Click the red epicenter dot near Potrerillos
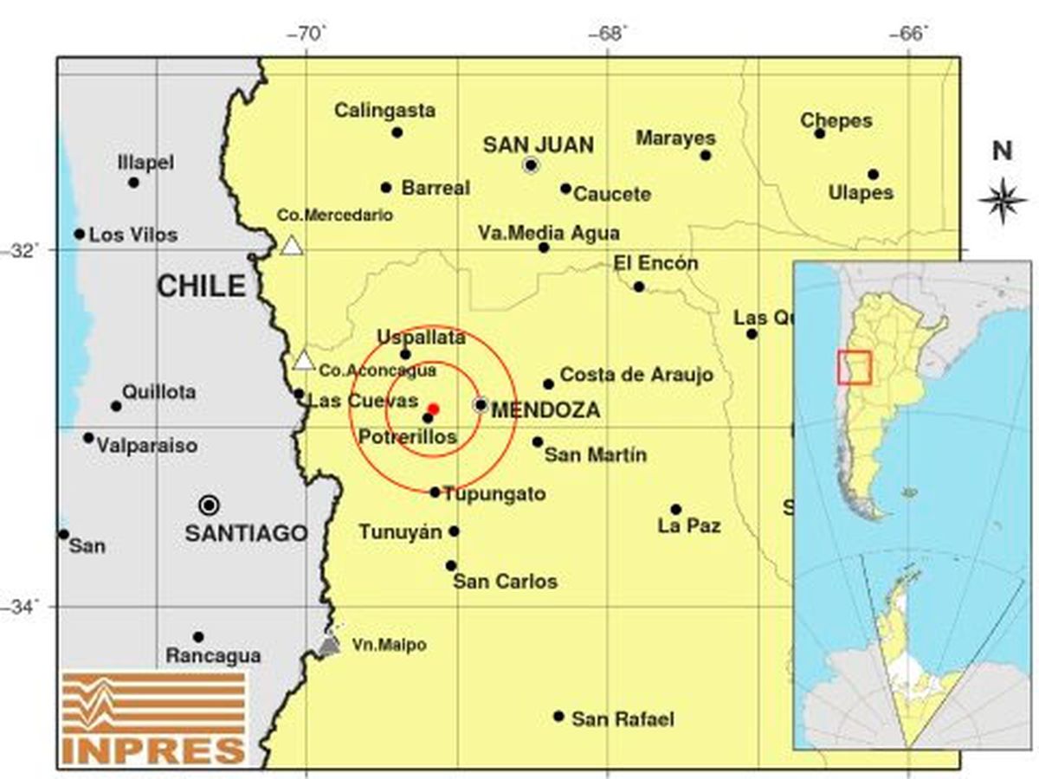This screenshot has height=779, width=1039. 434,409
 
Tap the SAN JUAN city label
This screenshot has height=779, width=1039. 538,145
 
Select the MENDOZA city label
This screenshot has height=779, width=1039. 545,411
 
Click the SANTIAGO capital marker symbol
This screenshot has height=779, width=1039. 209,505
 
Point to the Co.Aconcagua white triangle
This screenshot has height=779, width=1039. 303,361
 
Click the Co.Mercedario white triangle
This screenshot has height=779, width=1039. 292,246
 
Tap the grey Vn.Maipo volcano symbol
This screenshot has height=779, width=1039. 329,645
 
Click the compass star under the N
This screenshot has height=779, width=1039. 1002,200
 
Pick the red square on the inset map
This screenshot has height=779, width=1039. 853,367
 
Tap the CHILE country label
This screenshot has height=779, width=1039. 201,286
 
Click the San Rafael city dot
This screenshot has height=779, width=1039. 558,717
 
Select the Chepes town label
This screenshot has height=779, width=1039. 836,120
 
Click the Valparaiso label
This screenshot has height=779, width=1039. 146,447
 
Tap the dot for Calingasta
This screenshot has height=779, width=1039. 397,132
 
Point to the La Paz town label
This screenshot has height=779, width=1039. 689,525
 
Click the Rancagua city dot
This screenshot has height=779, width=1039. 198,637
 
